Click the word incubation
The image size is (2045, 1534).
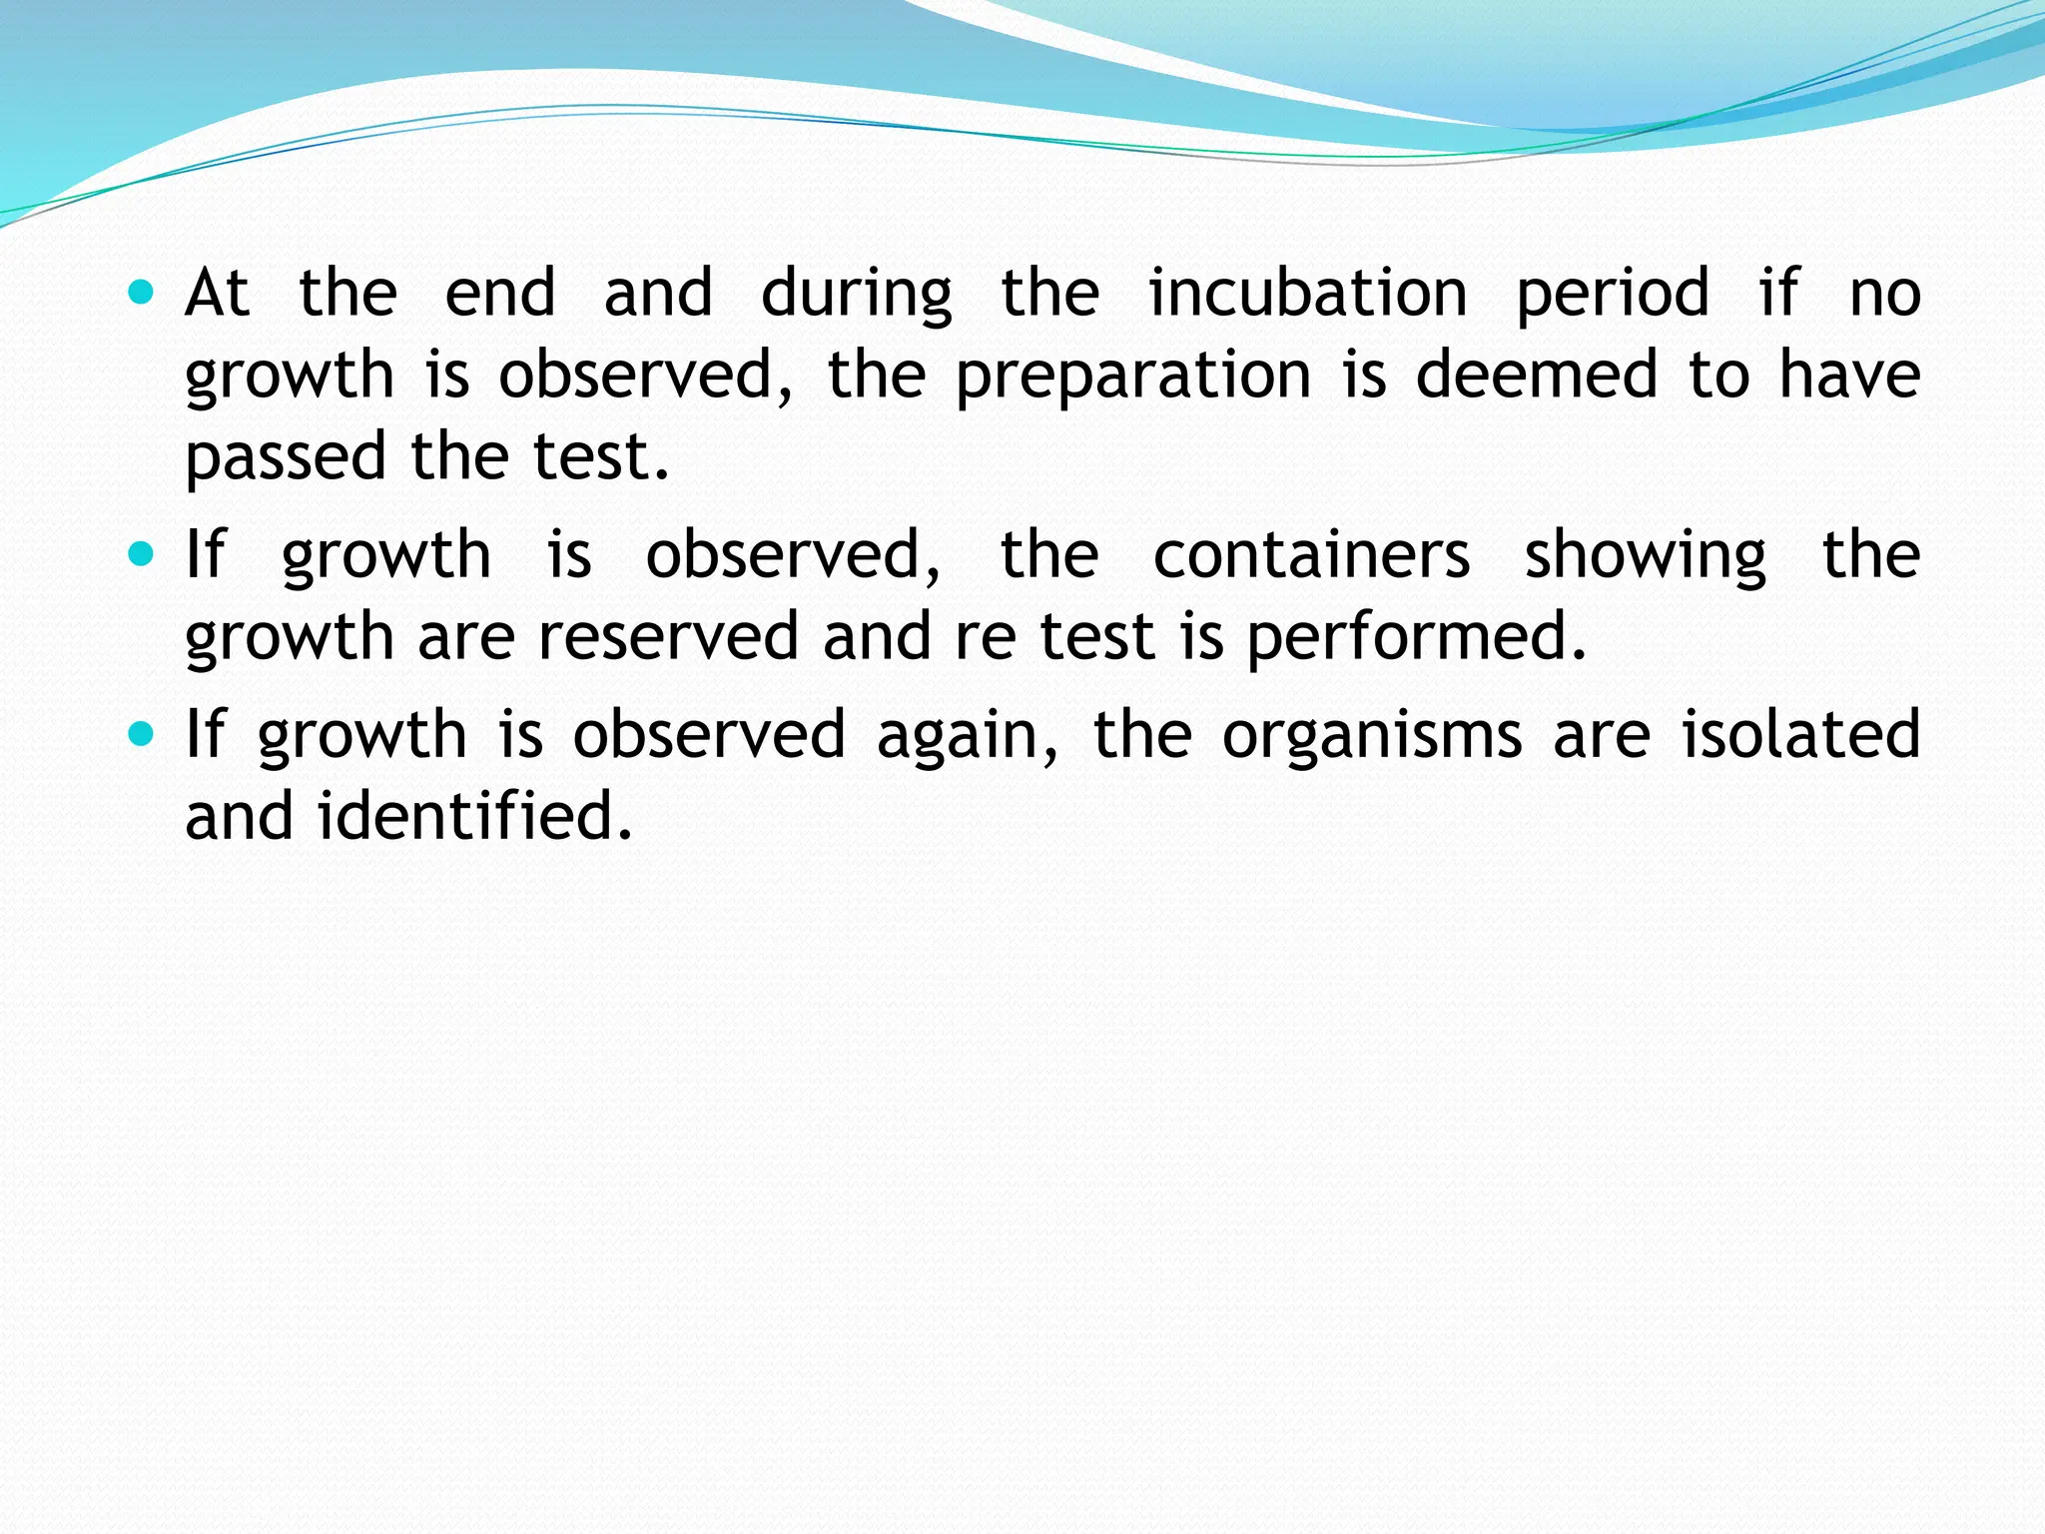pyautogui.click(x=1308, y=294)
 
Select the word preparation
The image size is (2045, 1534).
pyautogui.click(x=1133, y=378)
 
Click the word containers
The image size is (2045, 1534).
pyautogui.click(x=1311, y=555)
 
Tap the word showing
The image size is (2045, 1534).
pyautogui.click(x=1645, y=557)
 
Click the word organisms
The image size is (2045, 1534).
pyautogui.click(x=1373, y=737)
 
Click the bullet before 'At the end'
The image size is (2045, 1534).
pyautogui.click(x=142, y=294)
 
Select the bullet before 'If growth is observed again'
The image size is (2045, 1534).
pyautogui.click(x=142, y=735)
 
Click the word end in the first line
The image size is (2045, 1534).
pyautogui.click(x=500, y=294)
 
